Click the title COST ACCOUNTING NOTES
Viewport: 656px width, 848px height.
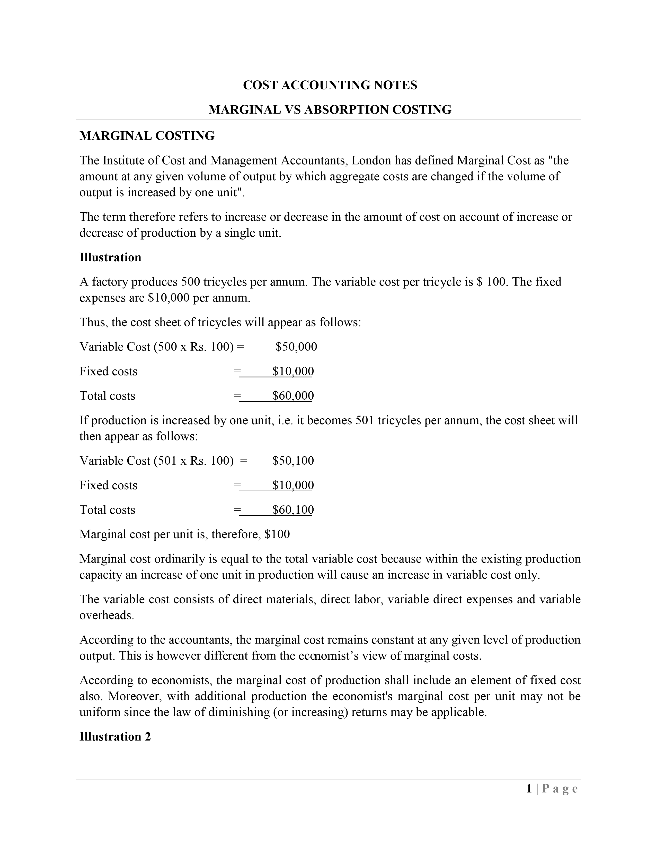330,85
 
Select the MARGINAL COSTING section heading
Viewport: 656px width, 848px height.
147,136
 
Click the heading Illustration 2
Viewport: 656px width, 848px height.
115,736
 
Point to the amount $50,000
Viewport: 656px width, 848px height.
296,347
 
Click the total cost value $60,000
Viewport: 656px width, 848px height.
293,396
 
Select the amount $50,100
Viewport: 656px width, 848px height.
293,461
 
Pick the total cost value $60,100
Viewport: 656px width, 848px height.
293,510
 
